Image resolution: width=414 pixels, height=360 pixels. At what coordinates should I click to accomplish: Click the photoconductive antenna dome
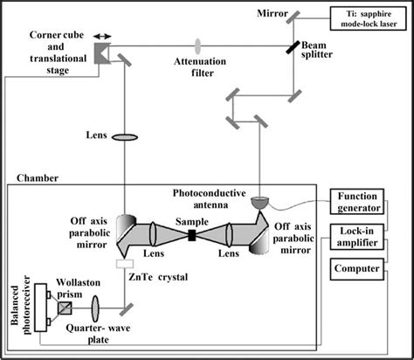259,202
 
